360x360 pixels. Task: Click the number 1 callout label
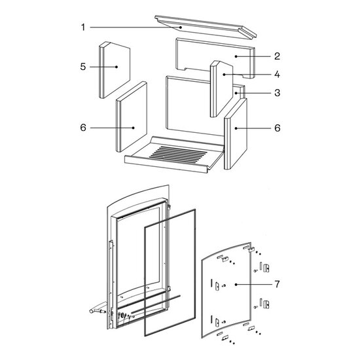tap(83, 27)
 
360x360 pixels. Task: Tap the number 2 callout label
tap(278, 56)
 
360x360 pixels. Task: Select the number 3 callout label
tap(278, 93)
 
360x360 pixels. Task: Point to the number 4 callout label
tap(278, 75)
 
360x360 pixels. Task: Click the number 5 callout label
tap(83, 67)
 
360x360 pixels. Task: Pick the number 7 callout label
tap(278, 285)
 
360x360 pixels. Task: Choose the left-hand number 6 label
tap(83, 128)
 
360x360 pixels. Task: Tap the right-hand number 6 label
tap(278, 128)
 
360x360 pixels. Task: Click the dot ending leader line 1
tap(181, 27)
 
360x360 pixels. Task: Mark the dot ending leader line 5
tap(117, 67)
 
